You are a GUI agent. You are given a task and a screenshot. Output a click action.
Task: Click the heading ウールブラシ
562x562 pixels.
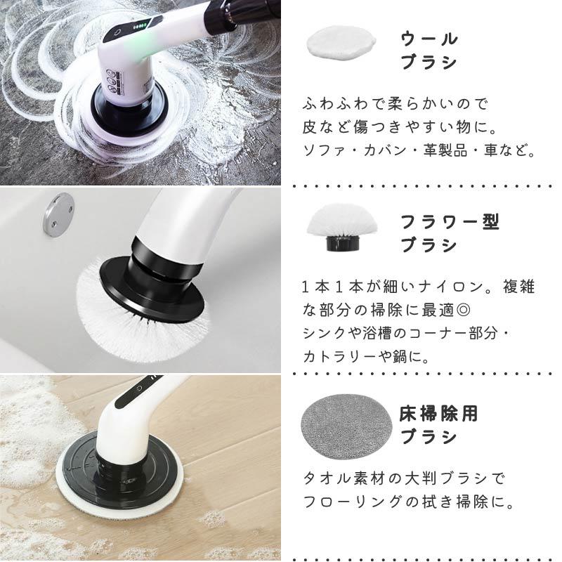429,50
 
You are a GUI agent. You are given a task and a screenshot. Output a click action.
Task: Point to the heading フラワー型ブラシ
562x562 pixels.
450,234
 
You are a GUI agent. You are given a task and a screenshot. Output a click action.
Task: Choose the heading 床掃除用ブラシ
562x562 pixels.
439,425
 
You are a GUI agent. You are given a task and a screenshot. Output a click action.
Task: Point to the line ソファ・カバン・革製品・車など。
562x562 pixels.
419,151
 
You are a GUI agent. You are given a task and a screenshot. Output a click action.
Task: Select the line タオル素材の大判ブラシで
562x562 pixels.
404,478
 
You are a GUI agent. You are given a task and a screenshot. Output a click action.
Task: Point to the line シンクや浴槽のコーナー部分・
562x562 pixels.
406,333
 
